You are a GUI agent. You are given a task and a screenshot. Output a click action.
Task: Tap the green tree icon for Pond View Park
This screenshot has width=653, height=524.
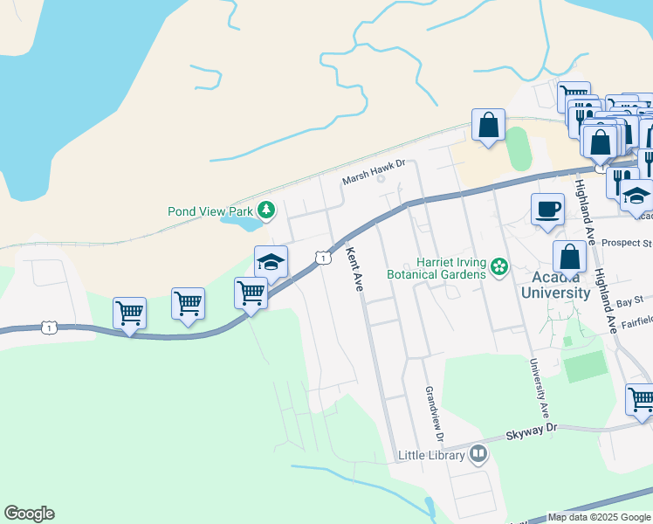pos(266,210)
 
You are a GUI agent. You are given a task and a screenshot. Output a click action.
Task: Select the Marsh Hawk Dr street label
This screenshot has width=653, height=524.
pos(375,166)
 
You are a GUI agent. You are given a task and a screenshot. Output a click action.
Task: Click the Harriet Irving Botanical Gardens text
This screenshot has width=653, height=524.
pos(449,268)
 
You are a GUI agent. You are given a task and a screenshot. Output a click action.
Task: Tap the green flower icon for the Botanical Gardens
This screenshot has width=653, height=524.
pos(499,265)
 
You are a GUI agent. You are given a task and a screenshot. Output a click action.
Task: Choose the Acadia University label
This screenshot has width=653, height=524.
pos(555,286)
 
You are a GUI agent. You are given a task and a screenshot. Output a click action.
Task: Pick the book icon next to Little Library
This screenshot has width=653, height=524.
pos(478,453)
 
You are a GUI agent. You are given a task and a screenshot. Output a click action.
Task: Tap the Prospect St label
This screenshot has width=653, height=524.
pos(633,242)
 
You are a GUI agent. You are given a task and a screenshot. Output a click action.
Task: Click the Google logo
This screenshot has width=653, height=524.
pos(29,514)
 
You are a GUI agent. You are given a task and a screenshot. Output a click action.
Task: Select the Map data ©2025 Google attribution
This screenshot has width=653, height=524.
pos(598,517)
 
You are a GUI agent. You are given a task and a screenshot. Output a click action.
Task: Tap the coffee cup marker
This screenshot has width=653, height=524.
pos(547,210)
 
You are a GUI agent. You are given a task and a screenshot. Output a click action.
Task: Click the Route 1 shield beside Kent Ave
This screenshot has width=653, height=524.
pos(323,258)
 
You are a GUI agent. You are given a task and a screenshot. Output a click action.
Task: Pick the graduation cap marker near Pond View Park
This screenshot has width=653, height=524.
pos(272,262)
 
